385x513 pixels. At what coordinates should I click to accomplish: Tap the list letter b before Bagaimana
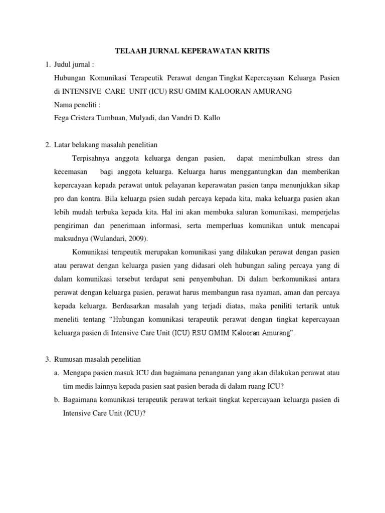pyautogui.click(x=58, y=400)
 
